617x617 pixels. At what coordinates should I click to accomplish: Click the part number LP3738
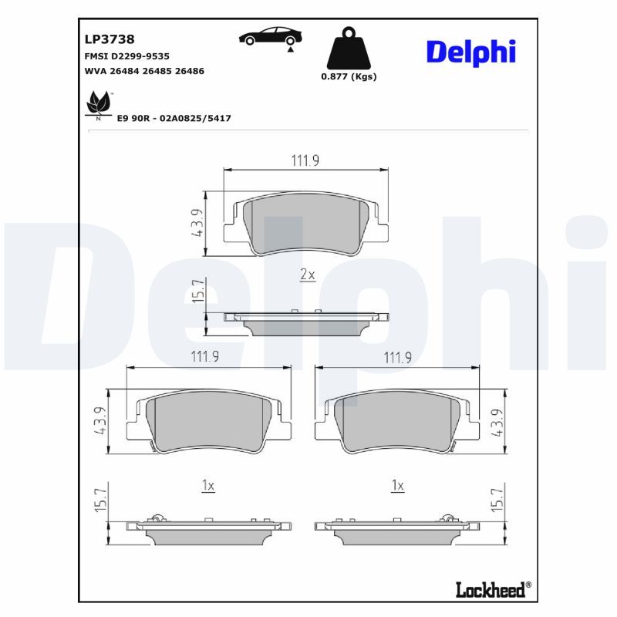pos(110,39)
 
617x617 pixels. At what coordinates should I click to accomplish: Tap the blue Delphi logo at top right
pos(471,52)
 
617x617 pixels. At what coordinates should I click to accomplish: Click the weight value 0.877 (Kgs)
pos(349,76)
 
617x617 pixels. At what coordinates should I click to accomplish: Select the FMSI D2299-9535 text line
pos(126,56)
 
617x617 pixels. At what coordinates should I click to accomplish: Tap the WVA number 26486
pos(190,71)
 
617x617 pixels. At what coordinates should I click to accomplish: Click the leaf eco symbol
pos(99,104)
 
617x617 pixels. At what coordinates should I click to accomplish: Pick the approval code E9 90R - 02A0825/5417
pos(174,118)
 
